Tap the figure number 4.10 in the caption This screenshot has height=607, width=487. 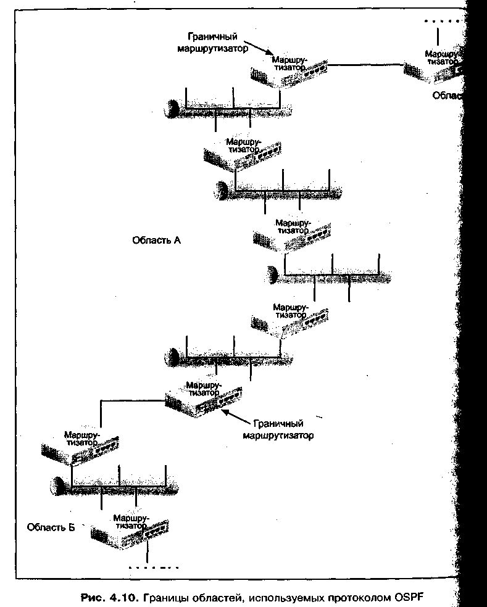pos(123,598)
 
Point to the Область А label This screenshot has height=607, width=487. pos(156,240)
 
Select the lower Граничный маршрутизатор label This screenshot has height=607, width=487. pos(283,429)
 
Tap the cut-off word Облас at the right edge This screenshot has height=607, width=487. pos(446,96)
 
